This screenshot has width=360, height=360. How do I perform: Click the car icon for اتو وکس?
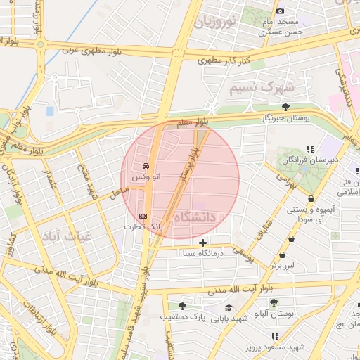pos(146,167)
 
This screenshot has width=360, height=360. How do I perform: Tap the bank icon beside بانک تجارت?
pos(144,216)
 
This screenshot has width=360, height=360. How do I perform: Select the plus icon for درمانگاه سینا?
pos(203,243)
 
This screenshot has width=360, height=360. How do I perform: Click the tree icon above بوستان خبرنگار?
pos(285,107)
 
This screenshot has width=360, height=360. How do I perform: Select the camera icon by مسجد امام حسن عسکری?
pos(281,11)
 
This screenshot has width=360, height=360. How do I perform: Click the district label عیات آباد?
pos(66,237)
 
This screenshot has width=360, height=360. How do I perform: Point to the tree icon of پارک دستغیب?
pos(183,306)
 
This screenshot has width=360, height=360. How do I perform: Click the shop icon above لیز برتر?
pos(283,255)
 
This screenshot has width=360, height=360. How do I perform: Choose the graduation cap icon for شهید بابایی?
pos(229,307)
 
